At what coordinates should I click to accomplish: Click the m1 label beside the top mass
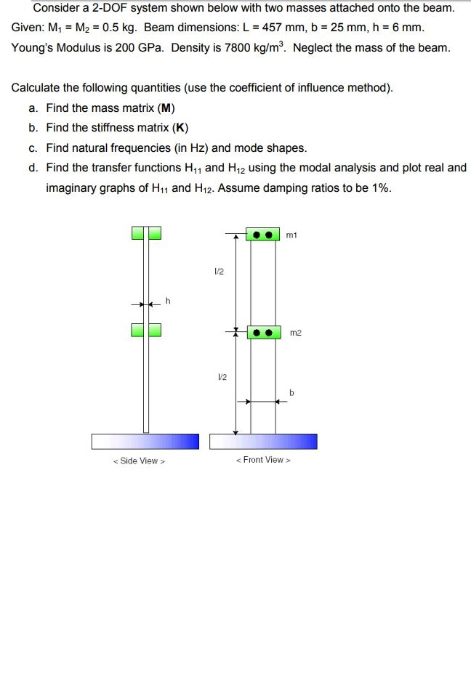pos(292,235)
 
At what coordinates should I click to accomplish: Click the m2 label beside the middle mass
pos(295,333)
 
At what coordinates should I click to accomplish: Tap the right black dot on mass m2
pos(269,333)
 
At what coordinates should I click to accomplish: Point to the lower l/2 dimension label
pos(222,377)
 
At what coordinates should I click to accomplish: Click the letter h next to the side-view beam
pos(168,301)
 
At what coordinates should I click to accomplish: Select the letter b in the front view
pos(291,393)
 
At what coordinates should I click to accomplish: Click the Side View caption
pos(139,461)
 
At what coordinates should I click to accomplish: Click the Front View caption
pos(263,459)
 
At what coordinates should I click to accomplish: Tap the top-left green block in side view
pos(138,233)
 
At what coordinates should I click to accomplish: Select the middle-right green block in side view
pos(155,331)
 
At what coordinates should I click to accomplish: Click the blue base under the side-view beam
pos(145,441)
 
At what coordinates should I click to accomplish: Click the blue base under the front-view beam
pos(263,441)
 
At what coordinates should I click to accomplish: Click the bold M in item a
pos(164,108)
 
